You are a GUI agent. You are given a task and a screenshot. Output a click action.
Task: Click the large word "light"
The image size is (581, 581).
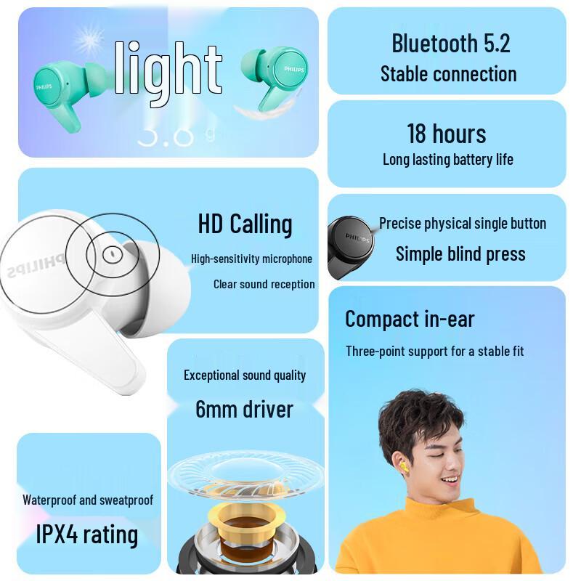pos(168,69)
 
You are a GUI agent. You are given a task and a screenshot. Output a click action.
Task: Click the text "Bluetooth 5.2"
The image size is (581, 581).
pos(450,43)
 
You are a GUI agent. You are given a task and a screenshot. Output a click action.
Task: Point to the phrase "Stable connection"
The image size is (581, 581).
pos(448,74)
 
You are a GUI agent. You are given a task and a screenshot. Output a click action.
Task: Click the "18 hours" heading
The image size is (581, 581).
pos(446,134)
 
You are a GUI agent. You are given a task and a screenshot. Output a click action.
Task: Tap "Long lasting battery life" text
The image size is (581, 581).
pos(447,160)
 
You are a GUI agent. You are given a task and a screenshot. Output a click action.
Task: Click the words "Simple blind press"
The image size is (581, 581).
pos(460,253)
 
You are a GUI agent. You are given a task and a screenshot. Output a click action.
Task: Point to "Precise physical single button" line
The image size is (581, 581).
pos(462,224)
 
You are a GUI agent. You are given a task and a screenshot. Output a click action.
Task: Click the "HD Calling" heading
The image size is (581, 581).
pos(245,224)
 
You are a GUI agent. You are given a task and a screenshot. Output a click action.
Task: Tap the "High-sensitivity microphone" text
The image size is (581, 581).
pos(251,259)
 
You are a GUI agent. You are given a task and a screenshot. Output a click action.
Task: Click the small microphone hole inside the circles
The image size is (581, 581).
pos(111,254)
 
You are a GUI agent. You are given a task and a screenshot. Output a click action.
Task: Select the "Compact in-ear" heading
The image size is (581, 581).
pos(410,319)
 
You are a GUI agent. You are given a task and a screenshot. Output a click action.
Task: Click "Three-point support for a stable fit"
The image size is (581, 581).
pos(434,352)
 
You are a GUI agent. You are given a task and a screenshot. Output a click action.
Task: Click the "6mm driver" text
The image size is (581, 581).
pos(244,409)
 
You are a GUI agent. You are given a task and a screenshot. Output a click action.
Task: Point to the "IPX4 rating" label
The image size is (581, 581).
pos(87,535)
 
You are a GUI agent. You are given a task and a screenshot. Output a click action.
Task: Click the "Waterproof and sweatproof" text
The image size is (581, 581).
pos(88,500)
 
